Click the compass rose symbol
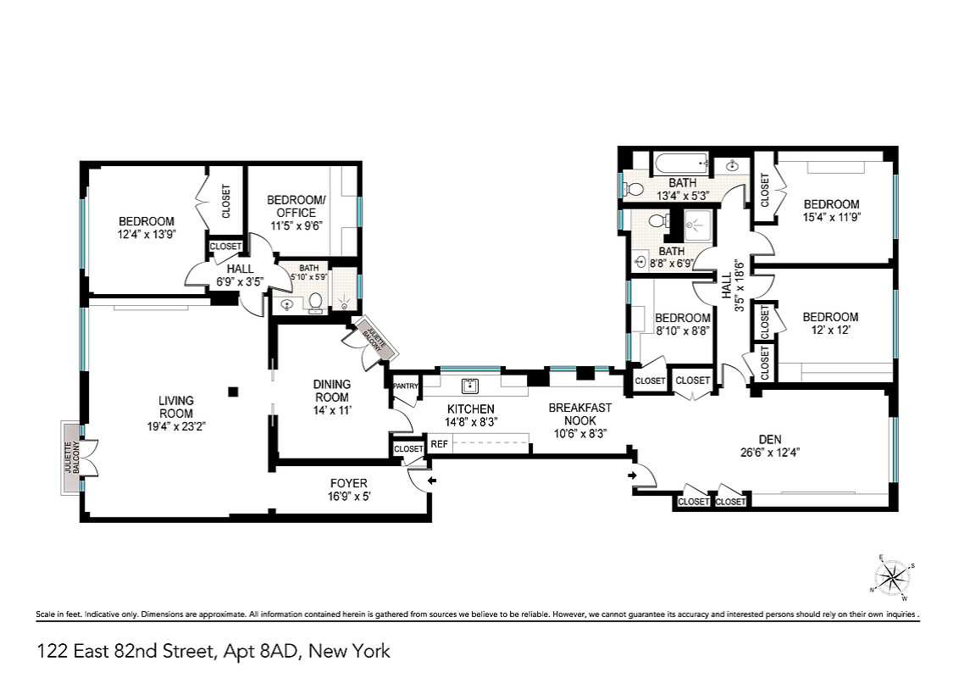(x=893, y=577)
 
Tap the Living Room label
(x=176, y=407)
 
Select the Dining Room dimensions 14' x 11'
(x=331, y=410)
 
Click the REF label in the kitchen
(x=439, y=444)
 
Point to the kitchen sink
(x=469, y=386)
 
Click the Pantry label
(x=406, y=386)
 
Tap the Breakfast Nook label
(x=579, y=414)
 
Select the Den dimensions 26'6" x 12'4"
(x=770, y=453)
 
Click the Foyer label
(x=349, y=483)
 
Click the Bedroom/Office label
(x=296, y=206)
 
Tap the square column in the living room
(x=232, y=392)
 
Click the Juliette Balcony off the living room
(x=71, y=458)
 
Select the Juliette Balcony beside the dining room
(x=373, y=338)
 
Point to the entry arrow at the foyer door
(x=432, y=481)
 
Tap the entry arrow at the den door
(x=632, y=475)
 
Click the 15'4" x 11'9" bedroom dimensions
(x=832, y=217)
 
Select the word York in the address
(x=370, y=651)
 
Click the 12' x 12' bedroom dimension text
(x=830, y=330)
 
